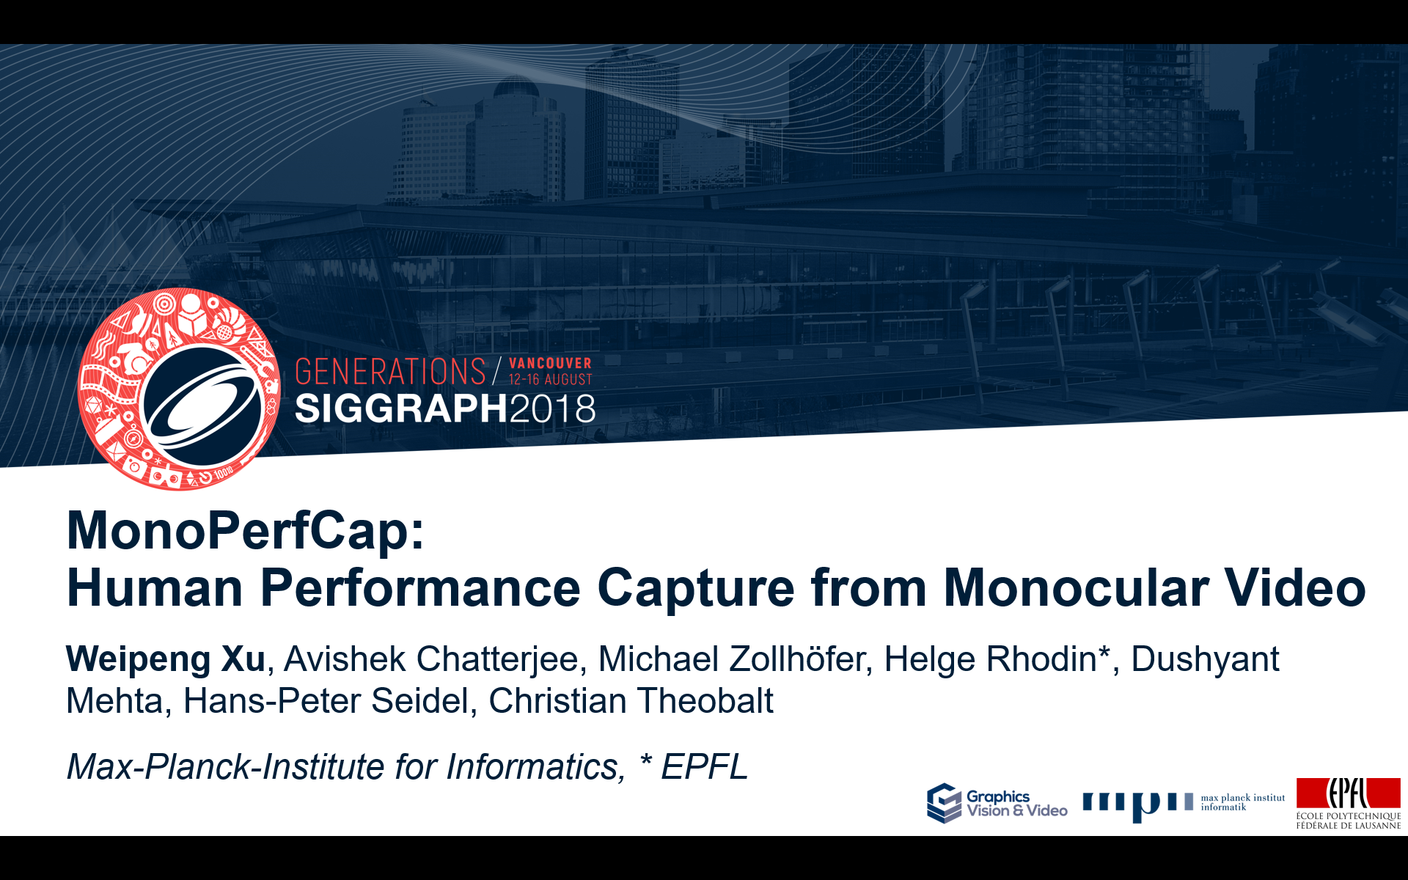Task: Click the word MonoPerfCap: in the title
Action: tap(246, 531)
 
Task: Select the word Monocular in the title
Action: tap(1076, 588)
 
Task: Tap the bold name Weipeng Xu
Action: tap(166, 659)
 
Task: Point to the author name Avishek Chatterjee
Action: tap(430, 659)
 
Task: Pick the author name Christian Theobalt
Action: tap(631, 700)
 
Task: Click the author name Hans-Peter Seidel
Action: tap(326, 700)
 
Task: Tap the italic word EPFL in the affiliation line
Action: tap(705, 767)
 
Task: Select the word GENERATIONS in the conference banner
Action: tap(390, 372)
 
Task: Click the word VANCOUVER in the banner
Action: tap(550, 364)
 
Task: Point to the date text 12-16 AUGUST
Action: tap(551, 379)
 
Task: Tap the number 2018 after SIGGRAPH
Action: tap(552, 408)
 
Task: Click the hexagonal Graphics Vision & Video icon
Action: tap(944, 804)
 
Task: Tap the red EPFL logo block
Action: tap(1348, 793)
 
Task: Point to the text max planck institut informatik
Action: tap(1243, 802)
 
